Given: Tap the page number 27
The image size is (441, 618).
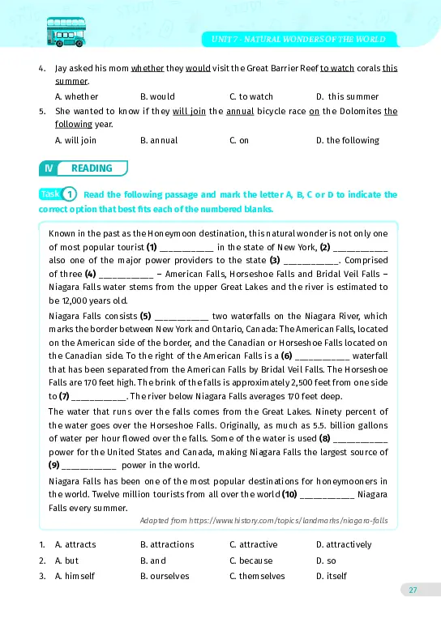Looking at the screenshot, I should (413, 590).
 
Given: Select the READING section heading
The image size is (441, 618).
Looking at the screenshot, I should (92, 168).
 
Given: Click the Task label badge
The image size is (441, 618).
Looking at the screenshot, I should (49, 194).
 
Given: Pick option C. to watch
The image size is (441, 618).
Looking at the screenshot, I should (251, 96).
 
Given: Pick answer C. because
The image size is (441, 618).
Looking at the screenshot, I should (253, 560).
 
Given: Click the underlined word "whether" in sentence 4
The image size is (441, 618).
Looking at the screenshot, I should (148, 68).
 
